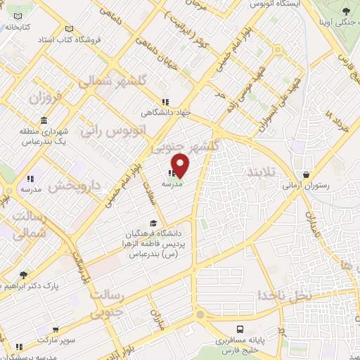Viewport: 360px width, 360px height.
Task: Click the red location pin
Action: pyautogui.click(x=181, y=165)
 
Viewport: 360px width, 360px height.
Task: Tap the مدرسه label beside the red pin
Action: pyautogui.click(x=172, y=184)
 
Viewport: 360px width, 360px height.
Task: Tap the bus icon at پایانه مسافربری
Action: pyautogui.click(x=240, y=329)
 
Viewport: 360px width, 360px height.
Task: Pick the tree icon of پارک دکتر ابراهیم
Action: pyautogui.click(x=23, y=275)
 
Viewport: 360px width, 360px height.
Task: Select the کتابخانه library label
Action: pyautogui.click(x=18, y=27)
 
